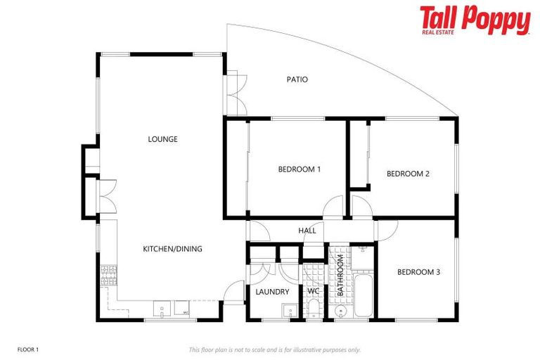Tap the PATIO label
pos(297,79)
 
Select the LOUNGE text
pos(162,139)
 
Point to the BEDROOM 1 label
pos(300,169)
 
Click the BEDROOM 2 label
pos(408,174)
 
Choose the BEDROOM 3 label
pos(418,272)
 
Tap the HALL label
pos(307,231)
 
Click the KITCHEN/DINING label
pos(172,249)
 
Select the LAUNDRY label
pos(273,292)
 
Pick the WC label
pos(313,292)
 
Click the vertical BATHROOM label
pos(340,275)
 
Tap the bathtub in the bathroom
pos(364,298)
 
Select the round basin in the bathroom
pos(340,309)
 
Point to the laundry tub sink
pos(288,311)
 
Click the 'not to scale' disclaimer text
pos(274,349)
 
